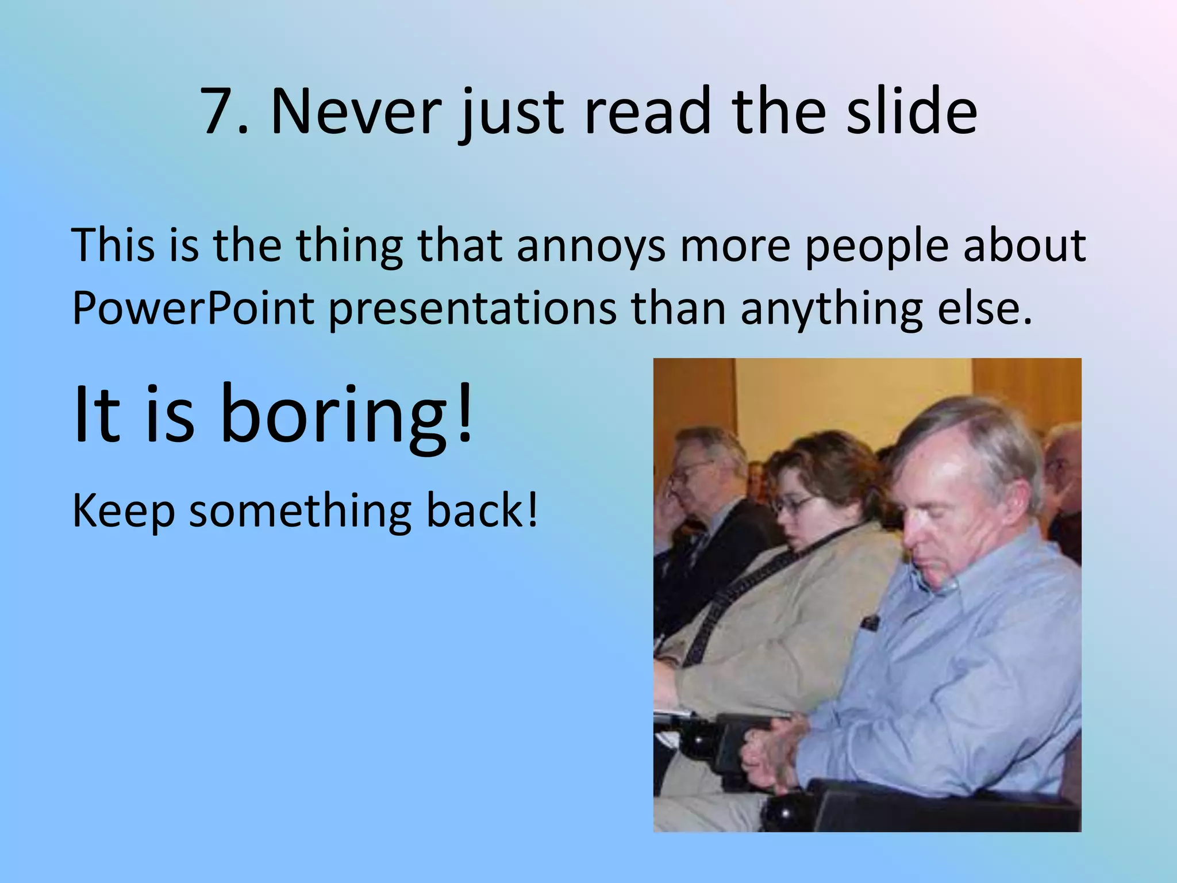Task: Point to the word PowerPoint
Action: pyautogui.click(x=193, y=309)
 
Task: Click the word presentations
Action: pyautogui.click(x=472, y=309)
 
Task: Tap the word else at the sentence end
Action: pyautogui.click(x=983, y=308)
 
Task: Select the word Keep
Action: pyautogui.click(x=123, y=512)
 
